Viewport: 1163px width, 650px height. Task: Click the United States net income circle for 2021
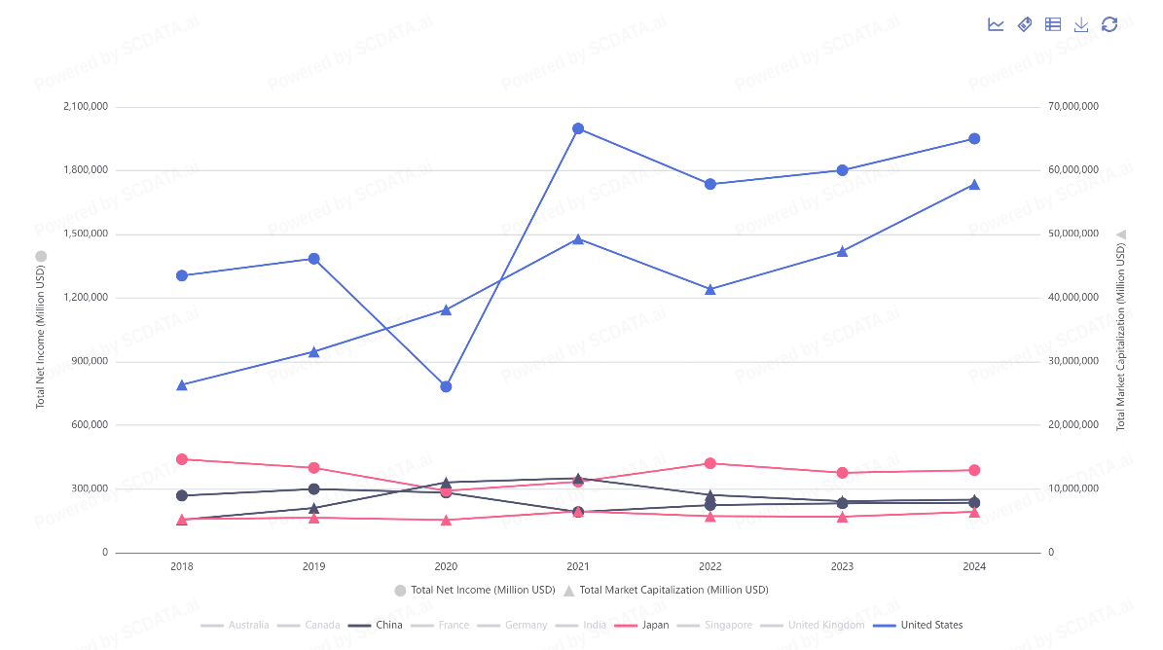[578, 128]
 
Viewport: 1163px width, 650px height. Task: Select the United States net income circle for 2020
[446, 386]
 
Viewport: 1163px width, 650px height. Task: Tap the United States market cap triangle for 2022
[710, 289]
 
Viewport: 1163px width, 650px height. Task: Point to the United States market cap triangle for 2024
[974, 184]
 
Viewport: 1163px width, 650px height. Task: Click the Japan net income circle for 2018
[182, 459]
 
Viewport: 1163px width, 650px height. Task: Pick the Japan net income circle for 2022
[710, 463]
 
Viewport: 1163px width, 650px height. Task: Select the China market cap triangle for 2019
[313, 508]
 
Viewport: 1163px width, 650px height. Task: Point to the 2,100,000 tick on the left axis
[84, 106]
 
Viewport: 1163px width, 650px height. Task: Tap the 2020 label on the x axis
[446, 566]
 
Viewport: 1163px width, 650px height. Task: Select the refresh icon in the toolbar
[1109, 24]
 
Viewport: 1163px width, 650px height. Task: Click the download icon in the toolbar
[1081, 24]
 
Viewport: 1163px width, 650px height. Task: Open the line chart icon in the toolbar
[996, 24]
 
